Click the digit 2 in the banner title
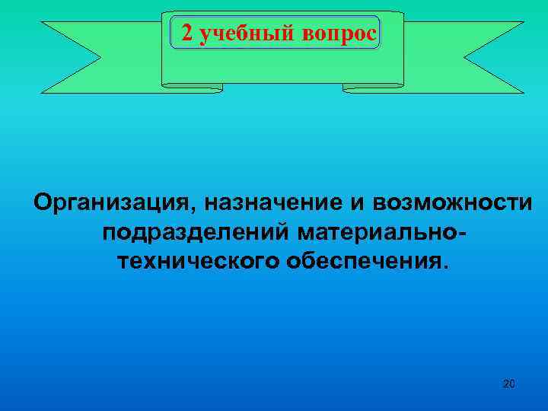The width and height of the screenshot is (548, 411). click(x=186, y=33)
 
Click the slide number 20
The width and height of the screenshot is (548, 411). click(x=509, y=384)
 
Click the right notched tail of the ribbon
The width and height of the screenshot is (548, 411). click(x=492, y=57)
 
